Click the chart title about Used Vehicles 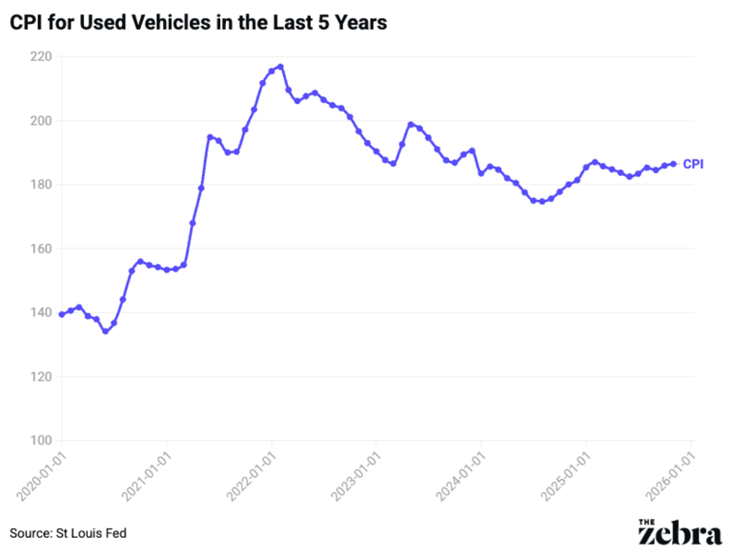[x=198, y=24]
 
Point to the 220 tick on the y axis [x=38, y=57]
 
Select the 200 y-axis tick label [x=38, y=121]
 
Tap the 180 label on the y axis [x=38, y=185]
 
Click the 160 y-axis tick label [x=38, y=249]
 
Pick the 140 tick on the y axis [x=38, y=312]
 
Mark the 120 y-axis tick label [x=38, y=376]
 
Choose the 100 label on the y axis [x=38, y=440]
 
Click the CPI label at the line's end [x=693, y=164]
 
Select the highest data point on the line [x=280, y=67]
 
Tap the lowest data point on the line [x=105, y=331]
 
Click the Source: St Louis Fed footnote [x=68, y=533]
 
